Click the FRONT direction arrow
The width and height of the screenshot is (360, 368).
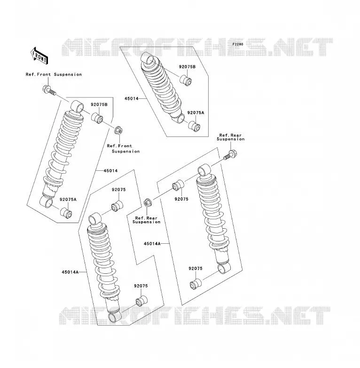(39, 56)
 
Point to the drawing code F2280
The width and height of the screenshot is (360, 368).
(238, 44)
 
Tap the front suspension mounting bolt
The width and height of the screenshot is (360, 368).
(49, 91)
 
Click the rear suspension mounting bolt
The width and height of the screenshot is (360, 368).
(230, 155)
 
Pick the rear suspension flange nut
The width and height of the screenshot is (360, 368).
(147, 203)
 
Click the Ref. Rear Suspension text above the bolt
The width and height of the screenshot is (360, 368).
(231, 137)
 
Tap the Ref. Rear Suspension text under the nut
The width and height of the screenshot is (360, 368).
(147, 220)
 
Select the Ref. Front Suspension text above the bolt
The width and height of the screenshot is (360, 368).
(54, 74)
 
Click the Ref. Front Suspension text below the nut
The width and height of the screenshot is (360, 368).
(123, 149)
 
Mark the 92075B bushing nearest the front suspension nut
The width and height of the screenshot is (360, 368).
(97, 118)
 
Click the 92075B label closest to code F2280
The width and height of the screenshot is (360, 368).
(187, 67)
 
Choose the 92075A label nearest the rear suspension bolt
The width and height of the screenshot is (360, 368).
(196, 112)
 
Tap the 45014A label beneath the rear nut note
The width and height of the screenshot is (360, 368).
(152, 244)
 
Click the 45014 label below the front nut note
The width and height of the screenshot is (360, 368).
(110, 171)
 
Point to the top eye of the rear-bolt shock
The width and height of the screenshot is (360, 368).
(204, 170)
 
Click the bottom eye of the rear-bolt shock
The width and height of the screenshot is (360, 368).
(224, 268)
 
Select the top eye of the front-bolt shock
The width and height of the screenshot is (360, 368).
(77, 106)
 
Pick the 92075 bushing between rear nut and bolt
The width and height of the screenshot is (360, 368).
(178, 185)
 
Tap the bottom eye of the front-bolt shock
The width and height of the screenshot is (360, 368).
(47, 202)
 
